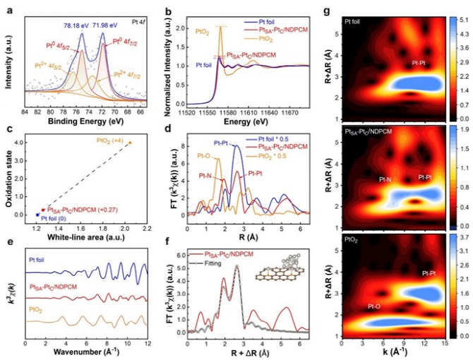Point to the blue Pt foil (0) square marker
pos(37,215)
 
